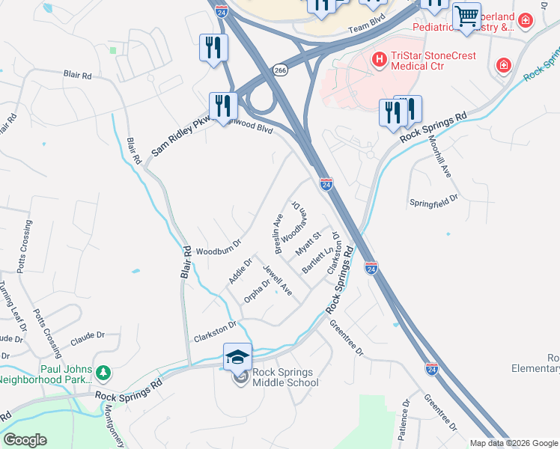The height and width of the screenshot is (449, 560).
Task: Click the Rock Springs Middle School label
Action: point(285,377)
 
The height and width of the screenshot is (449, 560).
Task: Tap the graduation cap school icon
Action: point(238,357)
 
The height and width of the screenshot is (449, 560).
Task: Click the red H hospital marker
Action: point(380,58)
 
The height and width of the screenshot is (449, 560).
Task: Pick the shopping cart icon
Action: point(466,16)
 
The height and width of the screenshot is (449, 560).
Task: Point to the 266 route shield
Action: point(280,69)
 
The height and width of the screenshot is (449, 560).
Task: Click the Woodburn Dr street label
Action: point(218,248)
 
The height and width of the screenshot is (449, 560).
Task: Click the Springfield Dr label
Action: point(433,203)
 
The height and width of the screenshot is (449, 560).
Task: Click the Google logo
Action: point(25,440)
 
